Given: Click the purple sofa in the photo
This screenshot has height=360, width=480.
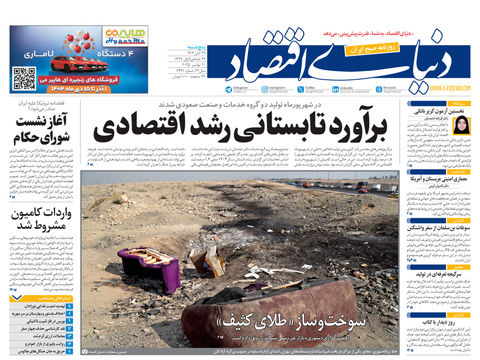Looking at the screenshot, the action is [x=150, y=268].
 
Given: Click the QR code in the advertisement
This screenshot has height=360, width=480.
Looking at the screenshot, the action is [x=26, y=76].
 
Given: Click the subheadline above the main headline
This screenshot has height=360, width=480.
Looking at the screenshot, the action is [x=245, y=104].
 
